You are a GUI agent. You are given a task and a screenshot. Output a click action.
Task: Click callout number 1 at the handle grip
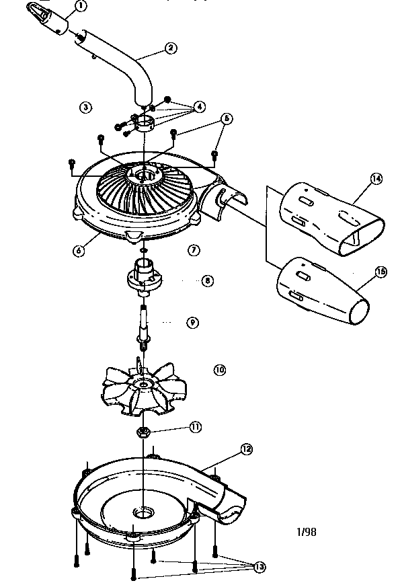click(81, 7)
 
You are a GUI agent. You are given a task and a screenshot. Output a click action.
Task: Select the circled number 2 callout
click(171, 48)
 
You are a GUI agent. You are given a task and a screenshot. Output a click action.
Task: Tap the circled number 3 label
click(85, 106)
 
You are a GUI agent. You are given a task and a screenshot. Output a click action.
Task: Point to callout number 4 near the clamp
click(199, 107)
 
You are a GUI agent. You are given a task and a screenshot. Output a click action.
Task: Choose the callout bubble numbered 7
click(194, 249)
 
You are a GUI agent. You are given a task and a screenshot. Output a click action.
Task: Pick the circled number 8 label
click(207, 280)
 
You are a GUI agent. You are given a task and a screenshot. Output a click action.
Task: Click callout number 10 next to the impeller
click(219, 369)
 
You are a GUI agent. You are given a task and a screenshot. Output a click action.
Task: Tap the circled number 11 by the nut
click(195, 426)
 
